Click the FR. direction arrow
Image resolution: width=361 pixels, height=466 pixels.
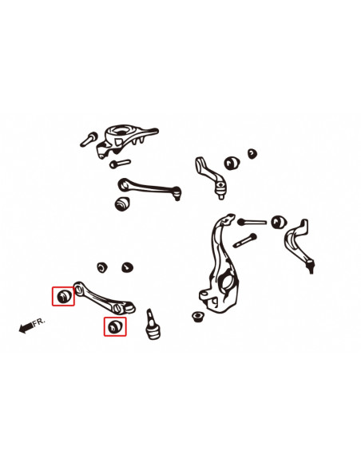click(x=25, y=327)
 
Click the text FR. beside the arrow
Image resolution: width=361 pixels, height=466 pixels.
click(x=39, y=322)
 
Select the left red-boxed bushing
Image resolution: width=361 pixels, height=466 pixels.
click(x=64, y=297)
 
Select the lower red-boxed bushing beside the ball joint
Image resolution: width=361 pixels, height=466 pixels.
click(x=115, y=326)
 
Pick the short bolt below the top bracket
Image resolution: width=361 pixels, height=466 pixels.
click(x=119, y=164)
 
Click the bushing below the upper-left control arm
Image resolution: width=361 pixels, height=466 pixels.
click(x=123, y=203)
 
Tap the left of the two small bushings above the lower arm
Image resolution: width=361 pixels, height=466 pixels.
click(x=101, y=265)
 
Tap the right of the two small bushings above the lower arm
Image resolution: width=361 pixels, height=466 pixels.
click(x=125, y=265)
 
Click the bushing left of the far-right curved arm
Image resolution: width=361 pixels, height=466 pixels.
click(x=279, y=222)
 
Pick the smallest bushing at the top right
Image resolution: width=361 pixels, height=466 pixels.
click(x=252, y=153)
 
